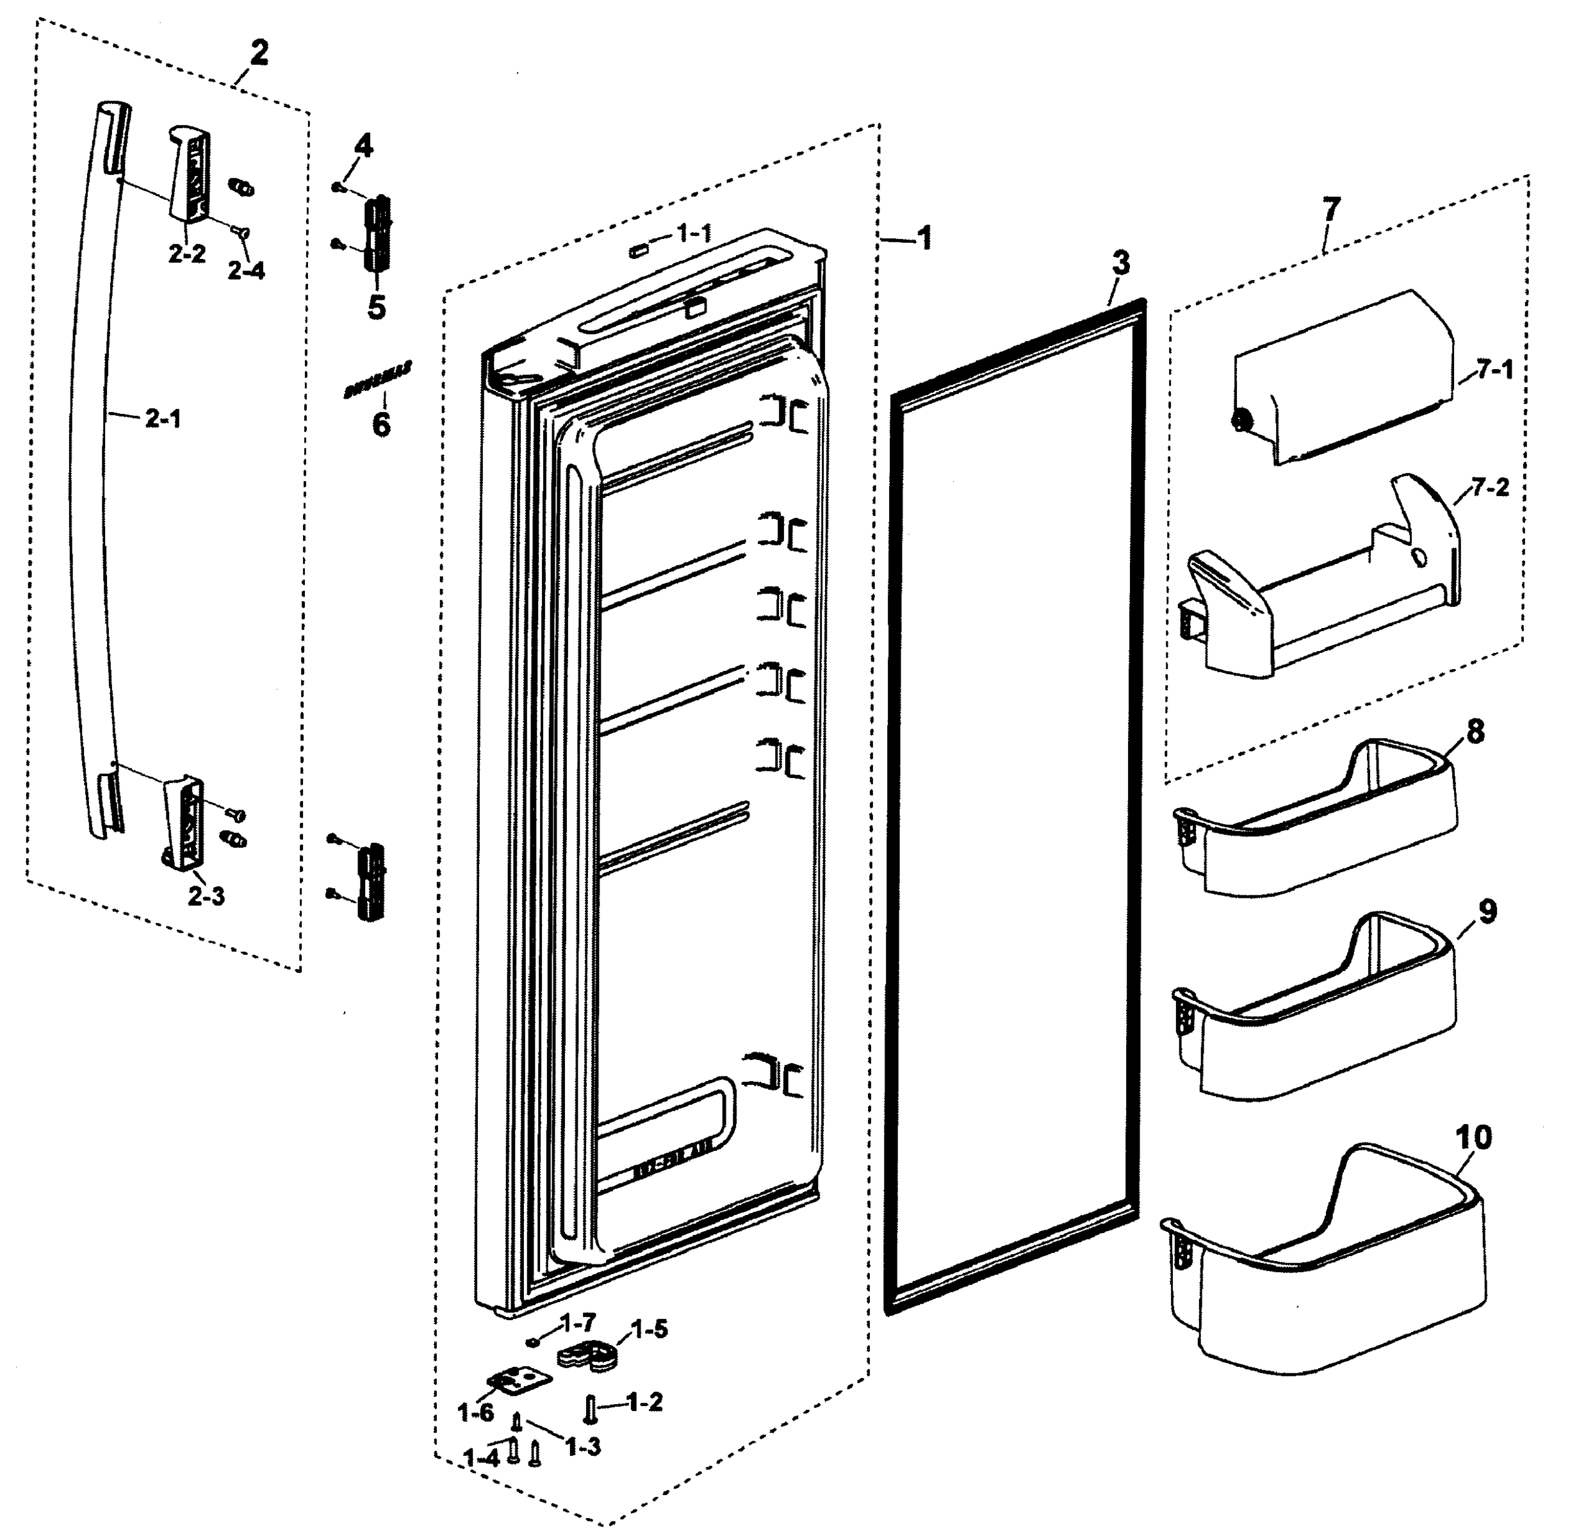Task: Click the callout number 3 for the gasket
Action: tap(1120, 263)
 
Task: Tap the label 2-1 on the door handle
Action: tap(163, 418)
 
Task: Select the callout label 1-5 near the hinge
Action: tap(649, 1329)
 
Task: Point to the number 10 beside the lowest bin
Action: tap(1473, 1137)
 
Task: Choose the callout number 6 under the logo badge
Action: tap(380, 424)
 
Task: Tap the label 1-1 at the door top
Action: tap(694, 234)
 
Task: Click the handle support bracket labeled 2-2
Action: tap(190, 174)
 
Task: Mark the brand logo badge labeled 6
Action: tap(378, 379)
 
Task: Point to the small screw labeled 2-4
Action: tap(240, 231)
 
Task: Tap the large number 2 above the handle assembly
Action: tap(258, 54)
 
